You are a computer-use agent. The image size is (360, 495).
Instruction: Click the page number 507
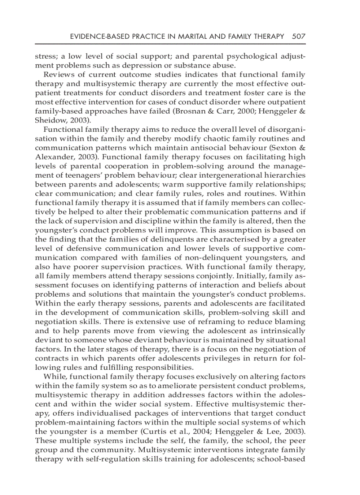click(299, 37)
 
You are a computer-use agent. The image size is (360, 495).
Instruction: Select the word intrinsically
click(280, 330)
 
